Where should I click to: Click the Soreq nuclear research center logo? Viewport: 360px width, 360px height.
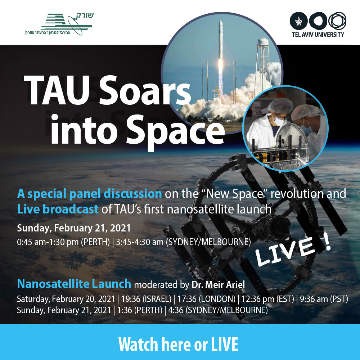point(59,24)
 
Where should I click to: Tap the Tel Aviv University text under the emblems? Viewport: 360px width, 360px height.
point(318,35)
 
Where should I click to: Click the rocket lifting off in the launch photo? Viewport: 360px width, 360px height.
point(220,57)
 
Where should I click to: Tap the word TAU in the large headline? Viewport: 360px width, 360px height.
point(57,91)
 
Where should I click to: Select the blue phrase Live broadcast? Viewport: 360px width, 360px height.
point(58,209)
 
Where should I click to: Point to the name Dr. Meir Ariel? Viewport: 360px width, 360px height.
point(218,284)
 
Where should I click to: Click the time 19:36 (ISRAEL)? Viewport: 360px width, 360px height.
point(146,299)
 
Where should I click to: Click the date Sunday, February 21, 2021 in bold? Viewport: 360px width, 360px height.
point(74,228)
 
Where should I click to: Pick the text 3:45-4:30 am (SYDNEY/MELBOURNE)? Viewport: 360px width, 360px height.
point(183,242)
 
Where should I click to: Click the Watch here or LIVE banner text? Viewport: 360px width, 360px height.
point(178,344)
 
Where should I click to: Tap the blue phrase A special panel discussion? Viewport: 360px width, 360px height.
point(89,194)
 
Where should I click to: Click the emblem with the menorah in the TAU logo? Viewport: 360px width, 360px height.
point(298,21)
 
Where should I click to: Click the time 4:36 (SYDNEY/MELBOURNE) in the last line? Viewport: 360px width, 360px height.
point(218,310)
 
